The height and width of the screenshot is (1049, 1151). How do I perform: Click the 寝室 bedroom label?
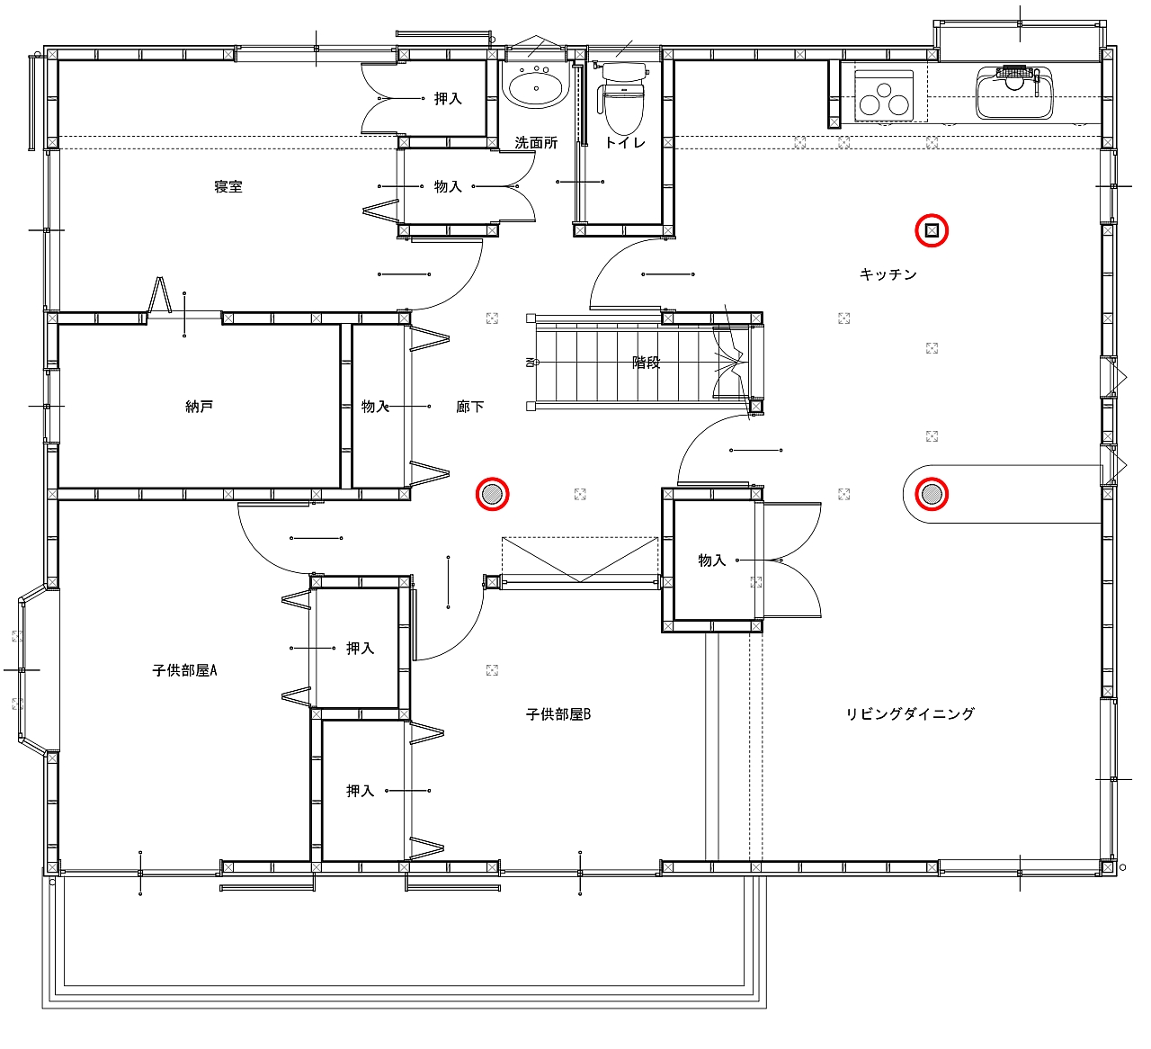(228, 186)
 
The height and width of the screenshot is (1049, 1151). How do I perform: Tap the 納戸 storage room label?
(199, 407)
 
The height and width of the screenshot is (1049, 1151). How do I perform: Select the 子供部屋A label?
(184, 670)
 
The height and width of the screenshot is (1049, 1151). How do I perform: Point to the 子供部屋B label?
(558, 714)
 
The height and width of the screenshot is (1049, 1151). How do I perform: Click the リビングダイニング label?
(910, 714)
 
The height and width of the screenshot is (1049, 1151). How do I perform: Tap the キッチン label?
(888, 274)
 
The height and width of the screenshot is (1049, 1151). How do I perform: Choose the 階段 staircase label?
(646, 363)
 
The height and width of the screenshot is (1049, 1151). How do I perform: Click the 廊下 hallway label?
(470, 407)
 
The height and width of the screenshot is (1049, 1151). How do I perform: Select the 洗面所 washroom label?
(536, 143)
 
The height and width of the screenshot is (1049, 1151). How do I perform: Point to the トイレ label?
(625, 143)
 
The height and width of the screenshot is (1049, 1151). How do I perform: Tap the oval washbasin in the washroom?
(536, 87)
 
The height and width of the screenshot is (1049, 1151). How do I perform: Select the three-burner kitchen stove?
(884, 95)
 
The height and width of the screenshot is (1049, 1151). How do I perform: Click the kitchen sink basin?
(1014, 93)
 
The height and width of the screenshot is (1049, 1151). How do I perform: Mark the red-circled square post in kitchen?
(932, 231)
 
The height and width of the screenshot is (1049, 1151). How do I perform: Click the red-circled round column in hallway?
(492, 494)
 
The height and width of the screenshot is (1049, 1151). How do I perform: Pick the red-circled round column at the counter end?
(932, 494)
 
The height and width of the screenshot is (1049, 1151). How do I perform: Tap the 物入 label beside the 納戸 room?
(375, 407)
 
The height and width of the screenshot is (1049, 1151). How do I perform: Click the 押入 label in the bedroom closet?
(448, 99)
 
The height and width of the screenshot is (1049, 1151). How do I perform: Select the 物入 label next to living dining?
(712, 560)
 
